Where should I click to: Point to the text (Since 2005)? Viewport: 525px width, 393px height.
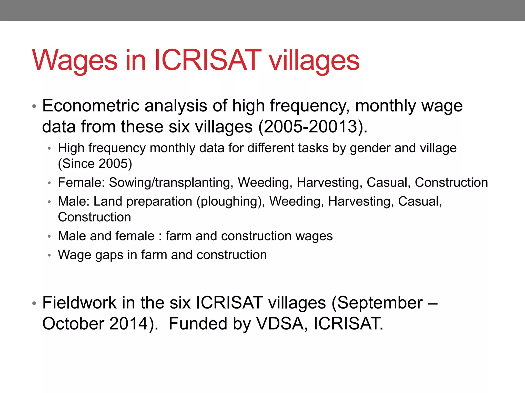pyautogui.click(x=95, y=164)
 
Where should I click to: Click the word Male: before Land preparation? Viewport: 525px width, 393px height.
pyautogui.click(x=74, y=201)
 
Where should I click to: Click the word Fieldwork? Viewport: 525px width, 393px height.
pyautogui.click(x=79, y=303)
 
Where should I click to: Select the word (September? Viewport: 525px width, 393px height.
pyautogui.click(x=377, y=303)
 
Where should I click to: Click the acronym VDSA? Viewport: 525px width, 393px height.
pyautogui.click(x=282, y=324)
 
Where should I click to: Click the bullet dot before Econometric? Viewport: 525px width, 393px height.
pyautogui.click(x=34, y=106)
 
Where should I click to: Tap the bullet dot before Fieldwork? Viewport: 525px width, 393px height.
pyautogui.click(x=34, y=304)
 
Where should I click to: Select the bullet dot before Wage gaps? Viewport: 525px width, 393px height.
pyautogui.click(x=49, y=255)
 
